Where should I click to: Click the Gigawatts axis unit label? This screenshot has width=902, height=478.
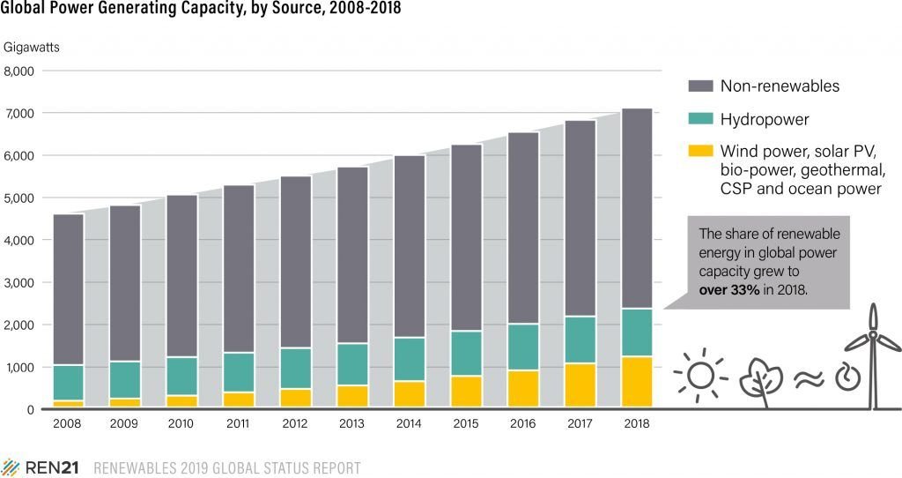(33, 46)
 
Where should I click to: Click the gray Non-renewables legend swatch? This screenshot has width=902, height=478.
(699, 86)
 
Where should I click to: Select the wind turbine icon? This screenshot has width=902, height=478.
(873, 357)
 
